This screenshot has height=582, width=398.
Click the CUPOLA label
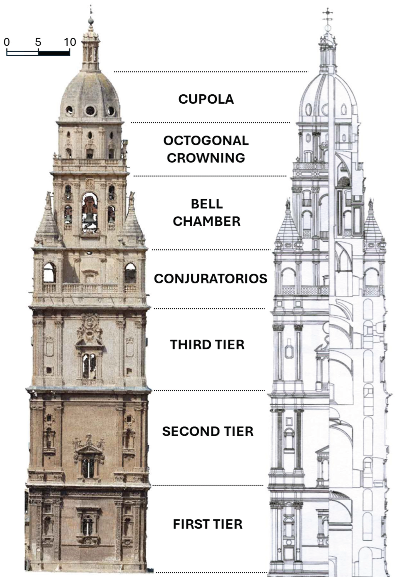(206, 99)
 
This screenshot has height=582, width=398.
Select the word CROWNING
(206, 158)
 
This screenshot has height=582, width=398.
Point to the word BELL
(207, 204)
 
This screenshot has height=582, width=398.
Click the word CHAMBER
(207, 221)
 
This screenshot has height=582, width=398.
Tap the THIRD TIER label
(207, 345)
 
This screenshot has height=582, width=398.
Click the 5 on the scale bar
(38, 42)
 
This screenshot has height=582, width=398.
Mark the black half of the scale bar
(54, 53)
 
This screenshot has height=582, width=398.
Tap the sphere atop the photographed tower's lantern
(91, 21)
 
